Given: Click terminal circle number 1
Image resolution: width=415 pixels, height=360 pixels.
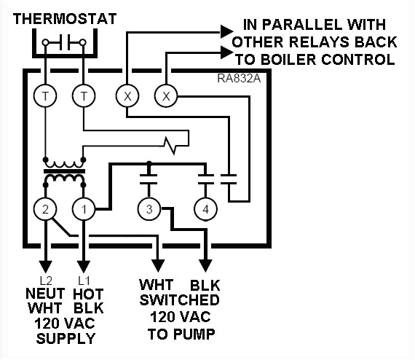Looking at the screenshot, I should tap(84, 210).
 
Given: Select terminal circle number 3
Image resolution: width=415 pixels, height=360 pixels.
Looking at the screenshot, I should tap(149, 210).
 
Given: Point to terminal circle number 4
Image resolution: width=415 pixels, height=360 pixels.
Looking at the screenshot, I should tap(205, 210).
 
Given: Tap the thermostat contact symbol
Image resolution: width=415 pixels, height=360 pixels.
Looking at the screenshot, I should tap(64, 42).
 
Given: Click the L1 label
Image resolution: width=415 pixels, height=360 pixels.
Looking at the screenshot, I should tap(84, 280).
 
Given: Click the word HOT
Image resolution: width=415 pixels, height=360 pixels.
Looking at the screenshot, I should tap(88, 293).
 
